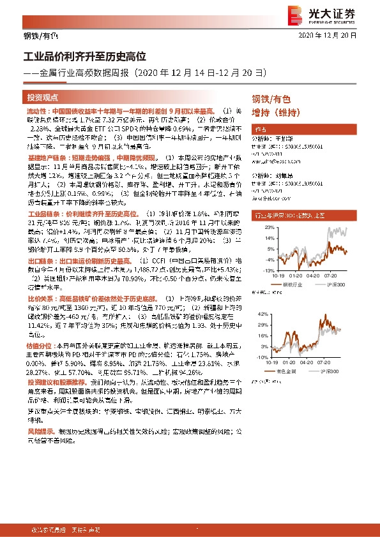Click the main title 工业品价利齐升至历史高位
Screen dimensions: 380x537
coord(86,57)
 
